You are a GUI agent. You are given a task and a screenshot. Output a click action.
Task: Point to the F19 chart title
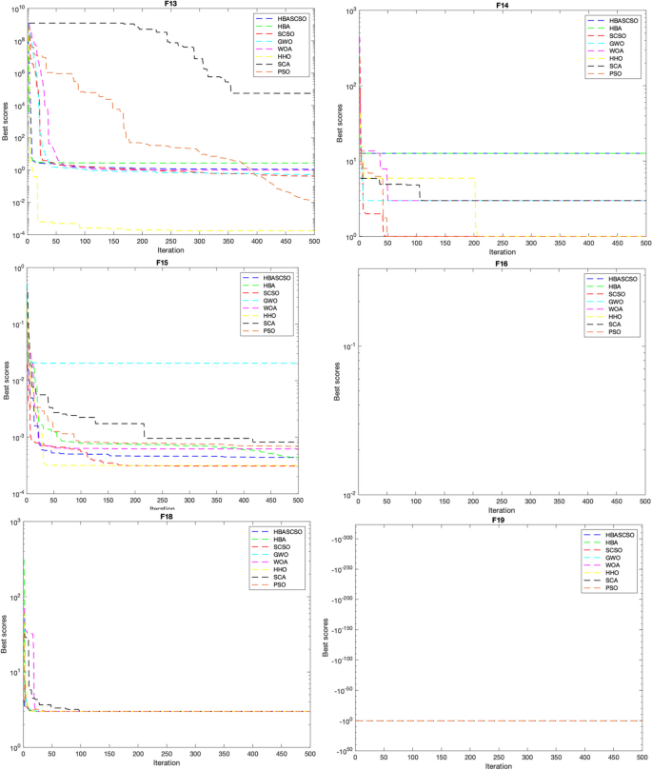pos(502,522)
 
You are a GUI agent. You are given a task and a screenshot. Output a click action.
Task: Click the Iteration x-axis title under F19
pos(502,765)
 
